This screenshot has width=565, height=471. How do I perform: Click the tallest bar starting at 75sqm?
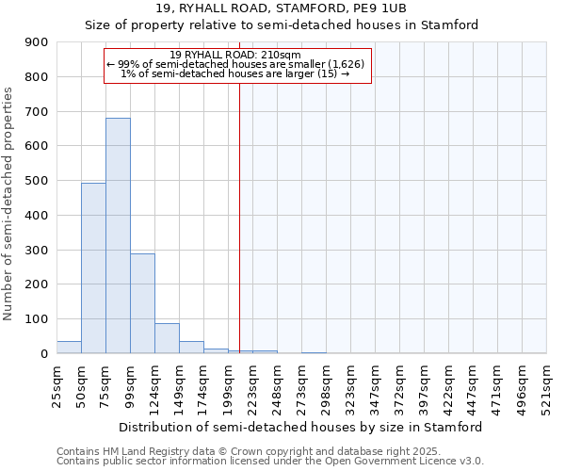118,235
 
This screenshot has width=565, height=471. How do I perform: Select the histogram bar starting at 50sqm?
93,268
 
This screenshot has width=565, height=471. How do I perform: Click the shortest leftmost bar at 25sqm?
69,348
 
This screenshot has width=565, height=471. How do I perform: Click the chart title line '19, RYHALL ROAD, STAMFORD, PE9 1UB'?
282,8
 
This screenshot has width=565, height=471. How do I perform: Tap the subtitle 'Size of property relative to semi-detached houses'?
282,25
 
